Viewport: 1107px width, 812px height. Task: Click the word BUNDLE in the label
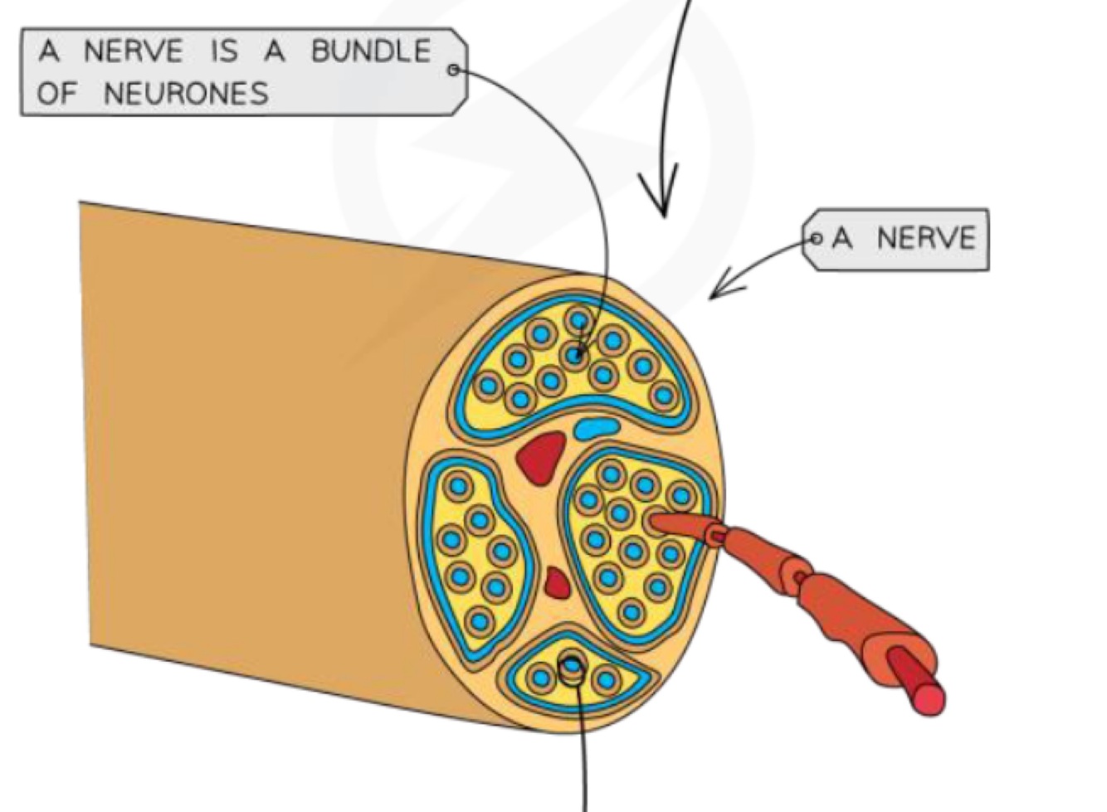click(x=371, y=51)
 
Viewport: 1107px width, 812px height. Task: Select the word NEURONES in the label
click(x=186, y=93)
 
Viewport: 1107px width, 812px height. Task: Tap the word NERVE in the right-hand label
click(x=926, y=239)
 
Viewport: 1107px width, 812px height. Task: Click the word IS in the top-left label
click(x=223, y=51)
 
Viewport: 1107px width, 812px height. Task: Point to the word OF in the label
click(x=56, y=93)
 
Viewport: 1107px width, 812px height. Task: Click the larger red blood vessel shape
click(x=540, y=456)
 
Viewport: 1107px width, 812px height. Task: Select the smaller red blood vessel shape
click(x=557, y=582)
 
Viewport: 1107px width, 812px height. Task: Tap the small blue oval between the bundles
click(x=597, y=429)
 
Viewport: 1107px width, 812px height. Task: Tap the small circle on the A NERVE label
click(x=815, y=239)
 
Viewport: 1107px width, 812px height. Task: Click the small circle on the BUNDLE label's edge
click(x=453, y=70)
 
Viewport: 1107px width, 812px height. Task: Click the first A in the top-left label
click(x=50, y=51)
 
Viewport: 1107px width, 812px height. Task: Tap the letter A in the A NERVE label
click(x=841, y=239)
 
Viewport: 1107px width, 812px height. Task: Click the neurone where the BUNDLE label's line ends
click(x=574, y=356)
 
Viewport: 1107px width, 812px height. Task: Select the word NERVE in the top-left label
click(x=133, y=51)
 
